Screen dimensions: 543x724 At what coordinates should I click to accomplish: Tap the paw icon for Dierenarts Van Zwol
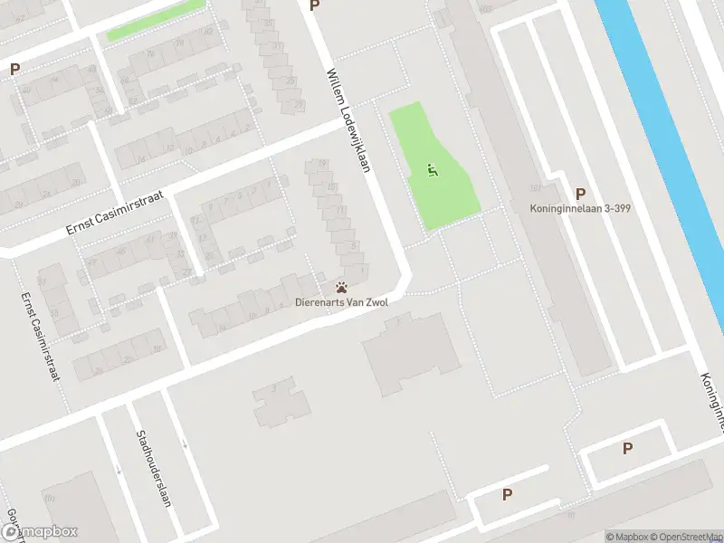click(341, 287)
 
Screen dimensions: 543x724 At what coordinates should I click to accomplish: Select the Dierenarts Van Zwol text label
click(341, 302)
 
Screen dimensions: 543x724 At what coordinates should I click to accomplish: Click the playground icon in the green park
click(433, 169)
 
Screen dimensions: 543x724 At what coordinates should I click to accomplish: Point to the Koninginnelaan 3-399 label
click(580, 208)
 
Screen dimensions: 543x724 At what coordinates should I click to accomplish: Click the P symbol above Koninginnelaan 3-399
click(580, 193)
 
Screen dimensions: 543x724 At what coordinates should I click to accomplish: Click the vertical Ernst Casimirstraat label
click(41, 336)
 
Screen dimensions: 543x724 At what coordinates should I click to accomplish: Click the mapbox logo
click(39, 532)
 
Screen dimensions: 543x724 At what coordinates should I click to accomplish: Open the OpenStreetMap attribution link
click(684, 537)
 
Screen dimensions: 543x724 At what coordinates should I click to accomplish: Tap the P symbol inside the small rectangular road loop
click(627, 448)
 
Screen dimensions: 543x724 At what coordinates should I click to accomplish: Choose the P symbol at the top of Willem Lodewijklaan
click(314, 5)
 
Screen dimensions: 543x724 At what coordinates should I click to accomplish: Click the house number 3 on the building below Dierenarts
click(273, 391)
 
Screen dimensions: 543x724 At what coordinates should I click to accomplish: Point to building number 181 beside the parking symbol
click(536, 188)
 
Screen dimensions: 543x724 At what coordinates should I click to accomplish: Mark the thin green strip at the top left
click(154, 20)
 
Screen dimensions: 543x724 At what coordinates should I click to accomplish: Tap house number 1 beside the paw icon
click(363, 268)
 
